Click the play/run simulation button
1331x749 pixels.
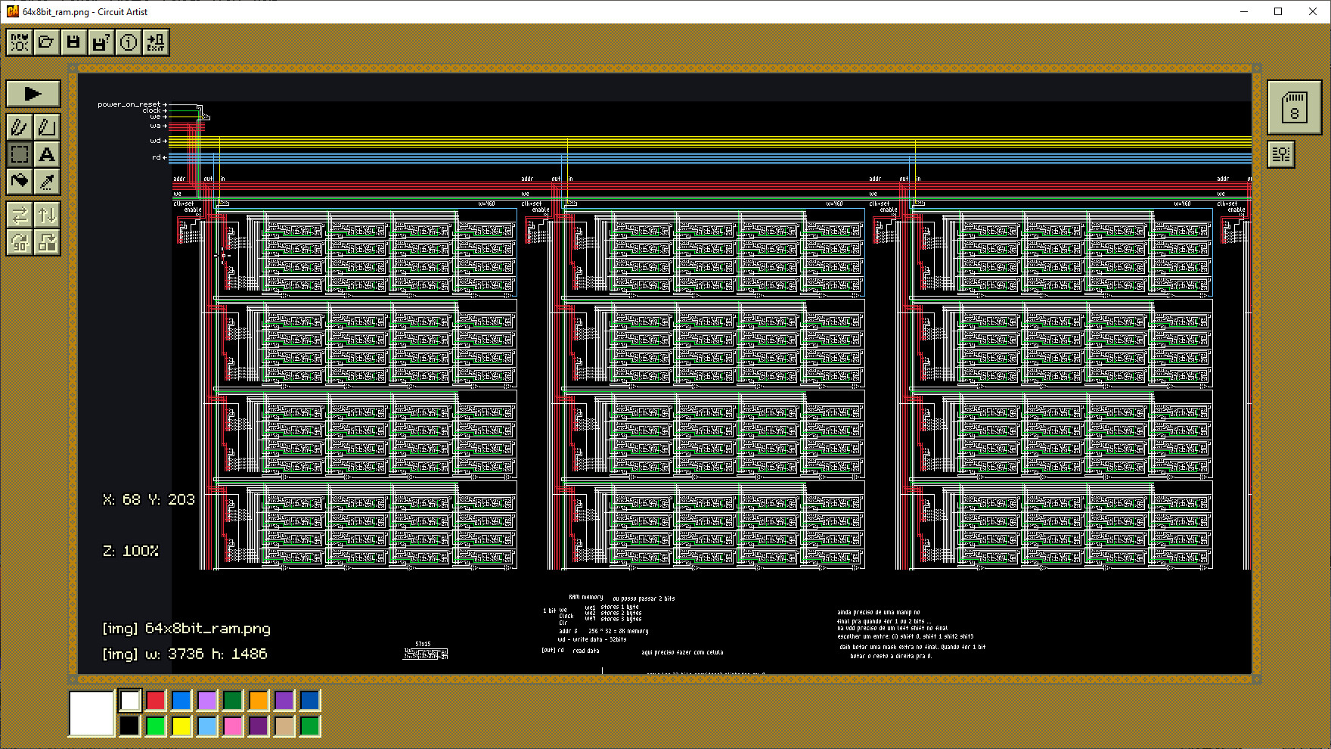pyautogui.click(x=33, y=94)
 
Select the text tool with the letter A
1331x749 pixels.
pyautogui.click(x=47, y=154)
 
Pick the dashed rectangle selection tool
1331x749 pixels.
pyautogui.click(x=20, y=154)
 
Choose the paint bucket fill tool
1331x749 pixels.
pyautogui.click(x=20, y=182)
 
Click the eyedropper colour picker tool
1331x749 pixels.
pyautogui.click(x=47, y=182)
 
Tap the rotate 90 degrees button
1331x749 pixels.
pyautogui.click(x=20, y=242)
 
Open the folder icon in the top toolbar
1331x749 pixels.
pyautogui.click(x=46, y=42)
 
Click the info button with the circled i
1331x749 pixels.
pyautogui.click(x=129, y=42)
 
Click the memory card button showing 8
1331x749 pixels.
pyautogui.click(x=1294, y=107)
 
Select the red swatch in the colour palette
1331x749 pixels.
pyautogui.click(x=156, y=701)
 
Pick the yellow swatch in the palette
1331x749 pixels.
pyautogui.click(x=181, y=726)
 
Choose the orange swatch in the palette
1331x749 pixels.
pyautogui.click(x=259, y=701)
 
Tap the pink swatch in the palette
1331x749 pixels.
pyautogui.click(x=233, y=726)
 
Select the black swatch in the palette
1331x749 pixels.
pyautogui.click(x=130, y=726)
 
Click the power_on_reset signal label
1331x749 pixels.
pyautogui.click(x=129, y=104)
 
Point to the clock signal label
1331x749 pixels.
pyautogui.click(x=151, y=110)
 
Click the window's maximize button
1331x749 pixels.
pyautogui.click(x=1278, y=11)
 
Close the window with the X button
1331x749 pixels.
pyautogui.click(x=1313, y=11)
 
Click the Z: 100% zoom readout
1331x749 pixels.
pyautogui.click(x=131, y=551)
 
